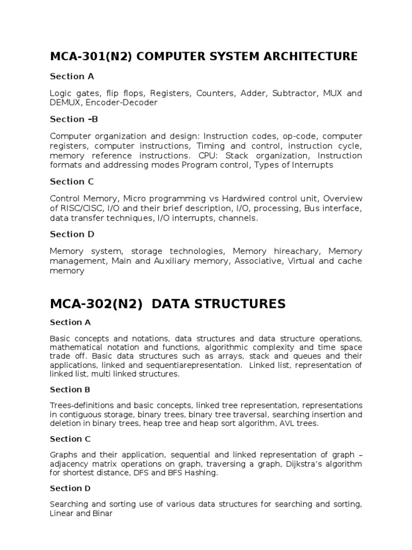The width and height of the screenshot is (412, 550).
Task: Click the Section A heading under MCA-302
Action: tap(70, 322)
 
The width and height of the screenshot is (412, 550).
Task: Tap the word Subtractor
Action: tap(295, 93)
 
